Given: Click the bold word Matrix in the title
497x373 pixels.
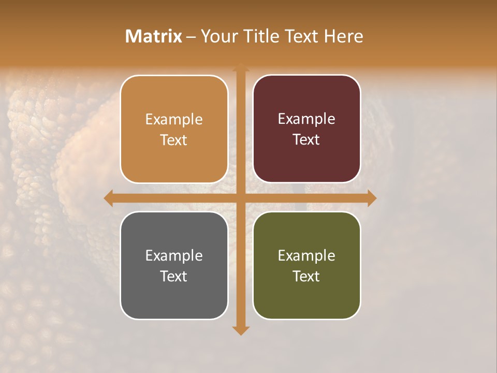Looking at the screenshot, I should point(154,36).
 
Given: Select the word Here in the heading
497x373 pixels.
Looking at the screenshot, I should point(343,36).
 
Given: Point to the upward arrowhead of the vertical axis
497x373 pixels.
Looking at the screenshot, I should point(241,68).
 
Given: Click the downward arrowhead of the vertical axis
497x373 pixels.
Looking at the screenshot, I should point(241,330).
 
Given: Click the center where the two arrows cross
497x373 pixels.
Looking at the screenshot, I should point(241,198).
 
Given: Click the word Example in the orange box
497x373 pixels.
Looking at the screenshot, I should point(174,120).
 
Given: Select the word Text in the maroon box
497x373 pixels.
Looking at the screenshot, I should point(306,139).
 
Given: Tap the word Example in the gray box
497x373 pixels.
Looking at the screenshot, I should point(174,256).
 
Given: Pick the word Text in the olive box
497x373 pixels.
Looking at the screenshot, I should point(306,276).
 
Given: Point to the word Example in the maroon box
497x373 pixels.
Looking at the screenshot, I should point(306,119).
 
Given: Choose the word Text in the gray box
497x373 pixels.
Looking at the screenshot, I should point(174,276).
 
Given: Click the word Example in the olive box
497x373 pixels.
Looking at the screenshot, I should point(306,256).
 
